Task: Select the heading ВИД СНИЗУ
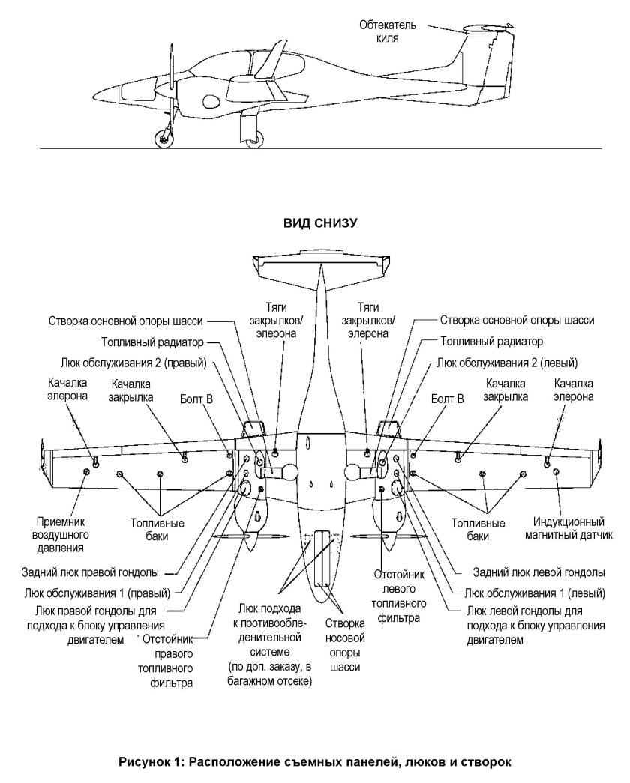(x=315, y=223)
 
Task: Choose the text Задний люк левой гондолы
(x=538, y=572)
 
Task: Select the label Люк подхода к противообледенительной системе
(x=270, y=644)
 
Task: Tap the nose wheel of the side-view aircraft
(x=162, y=138)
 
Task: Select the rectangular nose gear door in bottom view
(x=322, y=558)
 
